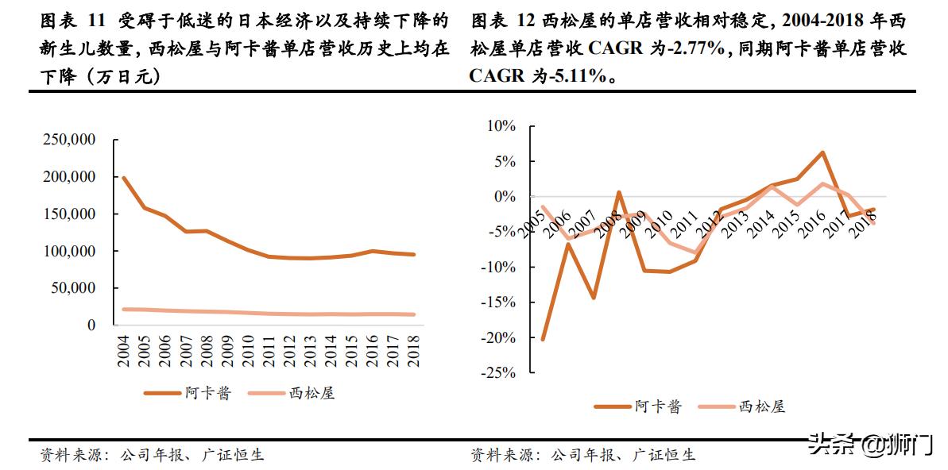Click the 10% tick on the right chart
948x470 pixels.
[501, 126]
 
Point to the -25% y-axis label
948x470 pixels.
[498, 372]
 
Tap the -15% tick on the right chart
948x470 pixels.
[498, 302]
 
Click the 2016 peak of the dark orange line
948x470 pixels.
[822, 152]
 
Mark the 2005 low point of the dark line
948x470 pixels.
[544, 339]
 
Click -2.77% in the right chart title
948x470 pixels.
[692, 49]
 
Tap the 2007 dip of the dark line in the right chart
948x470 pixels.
[594, 298]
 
